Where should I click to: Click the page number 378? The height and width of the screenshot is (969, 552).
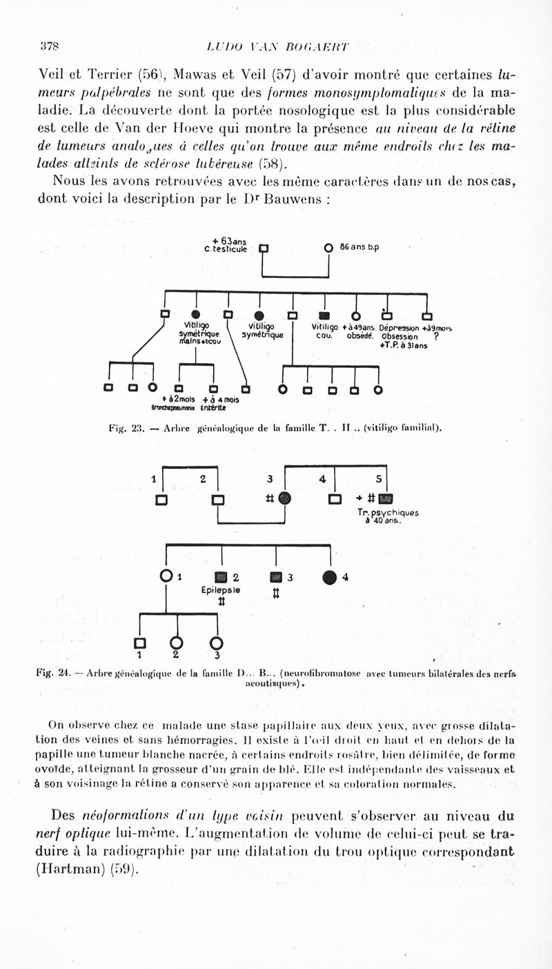[50, 47]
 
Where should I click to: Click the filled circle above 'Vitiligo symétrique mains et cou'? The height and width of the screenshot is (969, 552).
[196, 316]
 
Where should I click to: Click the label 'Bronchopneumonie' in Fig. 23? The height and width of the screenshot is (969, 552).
[175, 407]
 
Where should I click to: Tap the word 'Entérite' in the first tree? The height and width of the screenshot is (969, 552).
[215, 407]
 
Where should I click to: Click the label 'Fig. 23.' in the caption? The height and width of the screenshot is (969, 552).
[125, 428]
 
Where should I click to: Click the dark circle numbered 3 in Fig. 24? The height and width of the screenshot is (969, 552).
[285, 498]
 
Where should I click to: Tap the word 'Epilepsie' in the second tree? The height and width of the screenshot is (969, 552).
[221, 590]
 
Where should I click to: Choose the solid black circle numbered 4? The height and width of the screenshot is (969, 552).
[331, 576]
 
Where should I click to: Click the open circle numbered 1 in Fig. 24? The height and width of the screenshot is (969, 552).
[166, 576]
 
